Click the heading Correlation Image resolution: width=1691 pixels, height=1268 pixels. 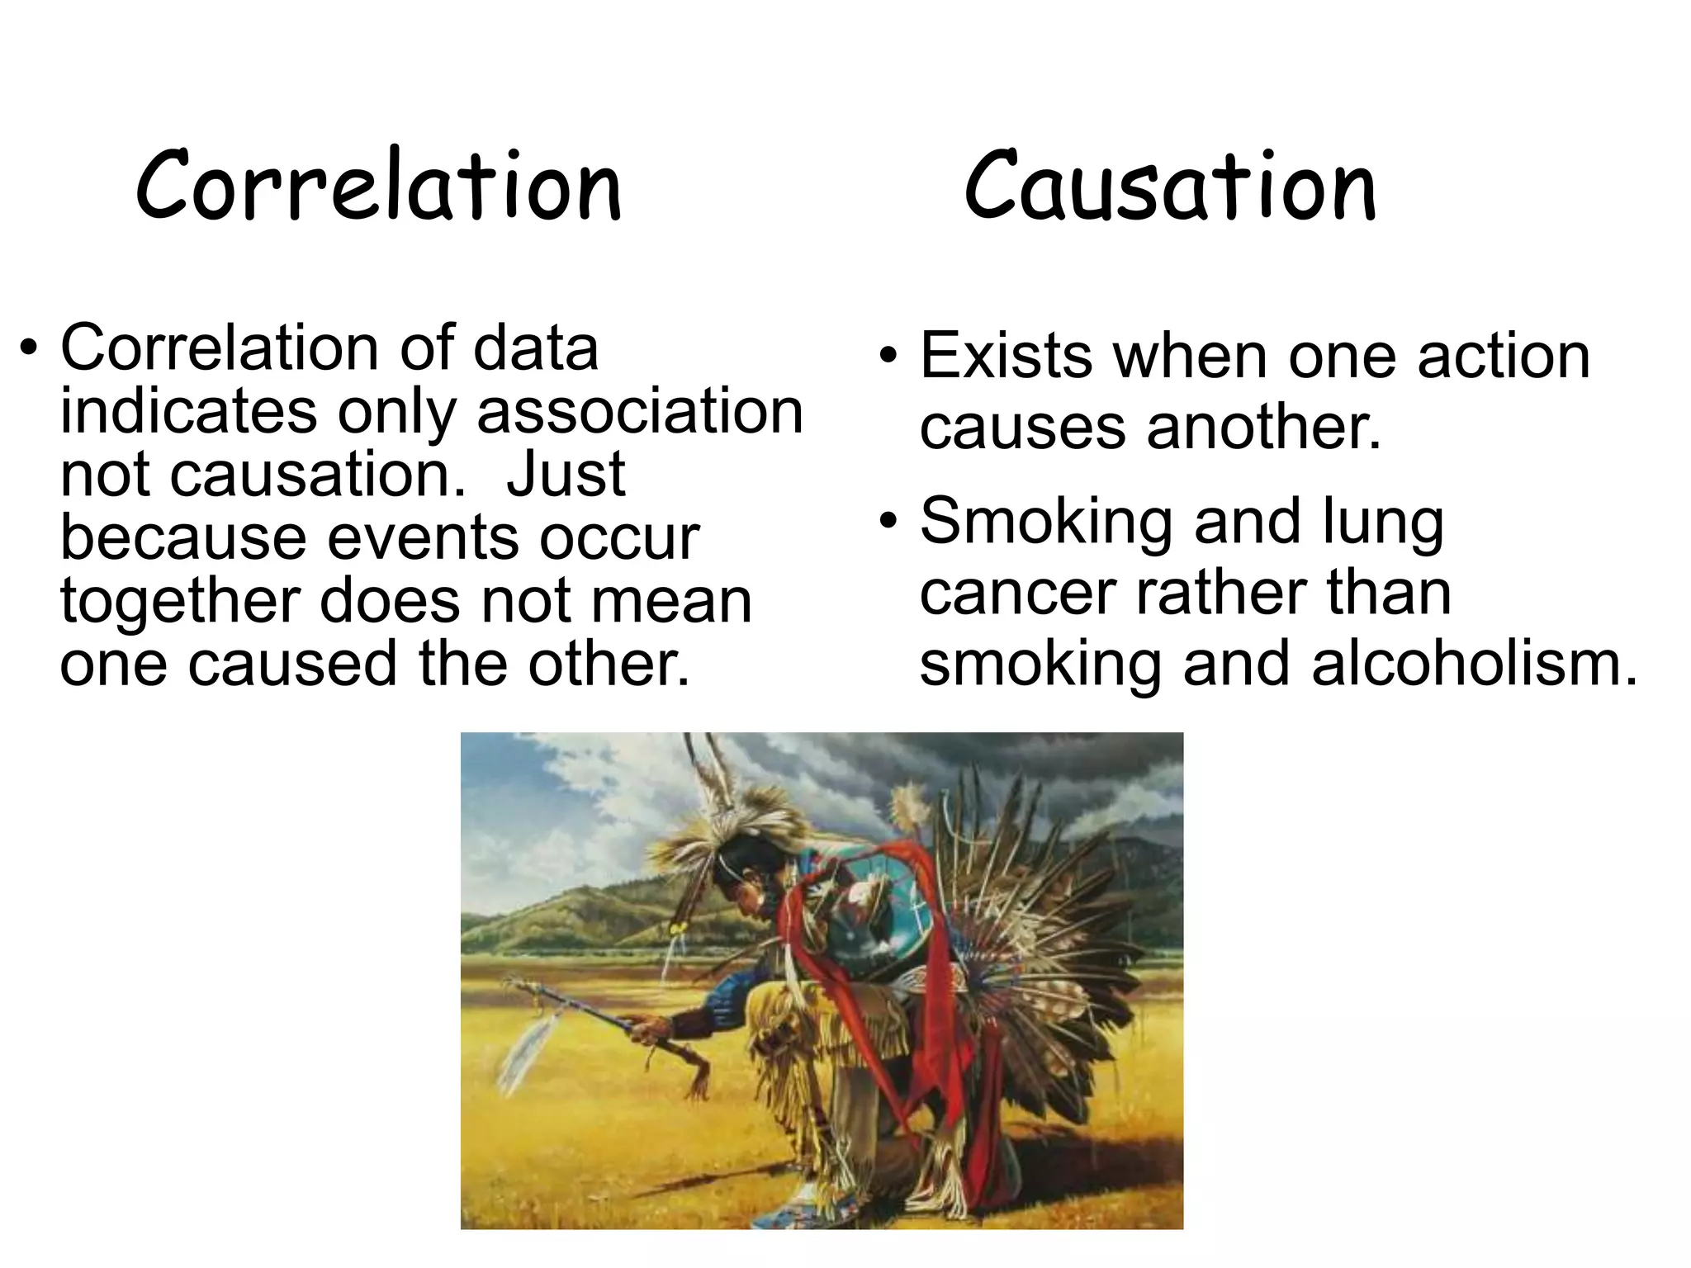[378, 187]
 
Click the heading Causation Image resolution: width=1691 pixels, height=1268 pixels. [1170, 187]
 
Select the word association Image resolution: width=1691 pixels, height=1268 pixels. [640, 411]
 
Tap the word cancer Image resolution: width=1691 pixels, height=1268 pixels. [1017, 593]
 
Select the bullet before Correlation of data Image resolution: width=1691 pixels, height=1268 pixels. [30, 348]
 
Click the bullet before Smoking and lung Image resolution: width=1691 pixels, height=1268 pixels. [888, 522]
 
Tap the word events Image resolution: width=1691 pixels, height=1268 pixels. [423, 538]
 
